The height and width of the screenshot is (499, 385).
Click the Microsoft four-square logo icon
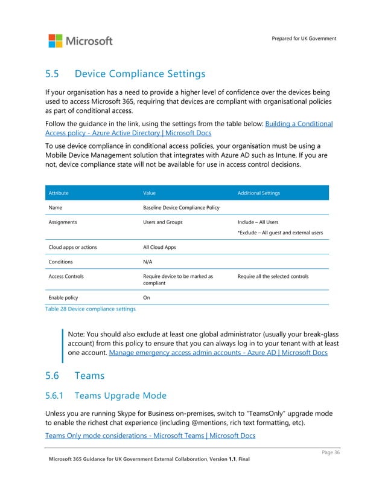pos(56,41)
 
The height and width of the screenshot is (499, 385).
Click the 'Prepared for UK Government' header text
pos(304,39)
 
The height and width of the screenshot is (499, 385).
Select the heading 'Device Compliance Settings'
pos(139,74)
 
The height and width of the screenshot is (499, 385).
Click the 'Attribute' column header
pos(59,193)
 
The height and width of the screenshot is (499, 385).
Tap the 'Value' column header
pos(149,193)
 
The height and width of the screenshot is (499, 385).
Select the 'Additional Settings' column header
pos(258,193)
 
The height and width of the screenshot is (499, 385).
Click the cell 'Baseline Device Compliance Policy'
pos(181,207)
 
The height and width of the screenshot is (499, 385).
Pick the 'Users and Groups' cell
pos(163,222)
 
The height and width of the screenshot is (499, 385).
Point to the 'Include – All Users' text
pos(258,222)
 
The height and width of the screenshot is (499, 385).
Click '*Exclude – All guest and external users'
pos(280,233)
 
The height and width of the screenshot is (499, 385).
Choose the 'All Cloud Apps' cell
pos(160,248)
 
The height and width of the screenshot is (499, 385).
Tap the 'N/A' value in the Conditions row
pos(148,262)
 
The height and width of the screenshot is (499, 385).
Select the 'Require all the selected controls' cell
pos(273,277)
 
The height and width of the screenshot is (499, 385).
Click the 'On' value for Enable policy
pos(147,298)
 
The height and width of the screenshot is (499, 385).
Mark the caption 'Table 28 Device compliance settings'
pos(91,309)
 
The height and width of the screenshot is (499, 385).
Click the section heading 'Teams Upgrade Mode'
pos(120,396)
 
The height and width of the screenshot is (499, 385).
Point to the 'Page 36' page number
pos(330,453)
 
